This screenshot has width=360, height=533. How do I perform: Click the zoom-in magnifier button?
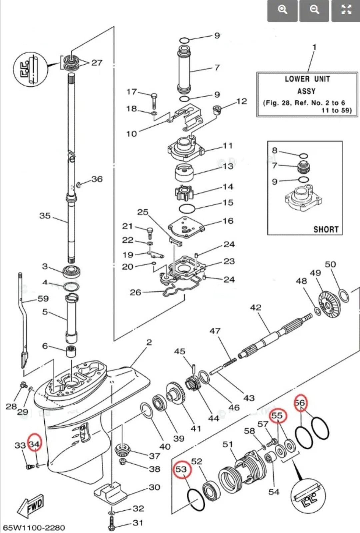[282, 10]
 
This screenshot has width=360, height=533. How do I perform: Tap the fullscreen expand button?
[346, 10]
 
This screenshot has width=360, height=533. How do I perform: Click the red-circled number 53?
[181, 469]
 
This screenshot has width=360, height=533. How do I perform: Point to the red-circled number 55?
[277, 415]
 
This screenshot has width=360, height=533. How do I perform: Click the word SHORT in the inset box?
[325, 229]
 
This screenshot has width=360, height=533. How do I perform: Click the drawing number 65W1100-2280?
[34, 528]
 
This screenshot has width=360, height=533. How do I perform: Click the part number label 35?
[45, 216]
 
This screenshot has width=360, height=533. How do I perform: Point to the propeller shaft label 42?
[256, 307]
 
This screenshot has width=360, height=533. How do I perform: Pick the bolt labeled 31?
[112, 523]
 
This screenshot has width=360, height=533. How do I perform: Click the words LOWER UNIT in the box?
[307, 79]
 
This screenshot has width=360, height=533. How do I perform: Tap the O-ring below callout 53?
[196, 500]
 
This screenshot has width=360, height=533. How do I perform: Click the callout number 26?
[135, 292]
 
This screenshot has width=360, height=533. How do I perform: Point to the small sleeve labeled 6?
[71, 351]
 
